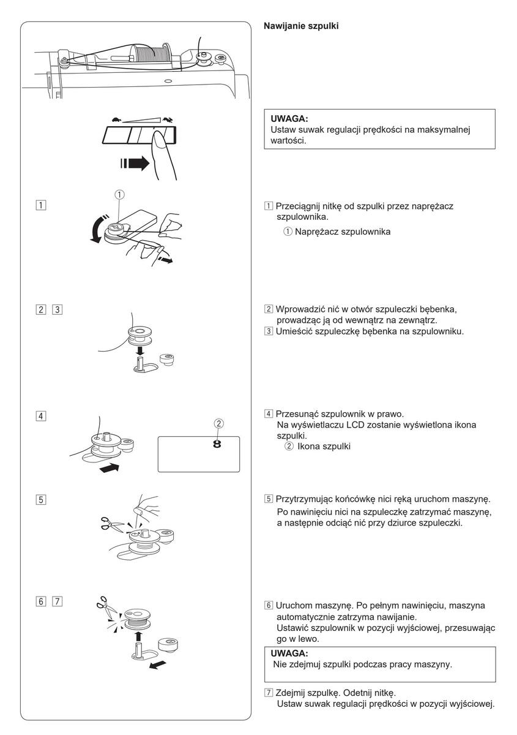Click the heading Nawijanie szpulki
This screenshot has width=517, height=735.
click(301, 27)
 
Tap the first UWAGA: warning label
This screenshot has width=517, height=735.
click(291, 119)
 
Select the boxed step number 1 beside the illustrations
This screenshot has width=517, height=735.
click(40, 204)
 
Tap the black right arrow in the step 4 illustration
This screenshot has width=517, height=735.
click(110, 469)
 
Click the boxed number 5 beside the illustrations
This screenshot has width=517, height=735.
click(40, 499)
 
